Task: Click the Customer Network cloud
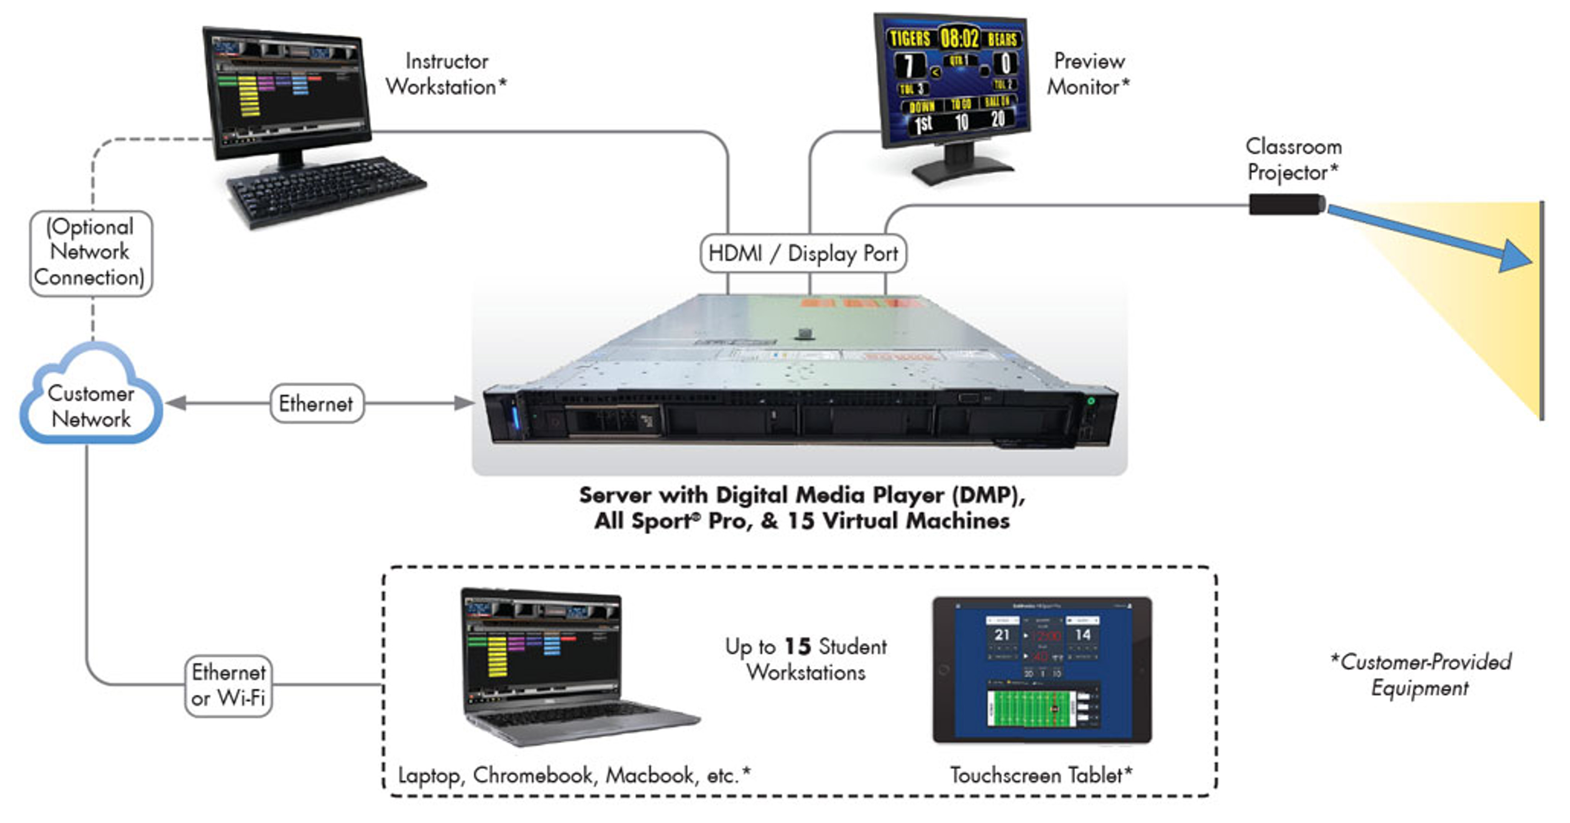(x=92, y=399)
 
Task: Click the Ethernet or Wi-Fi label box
(x=228, y=685)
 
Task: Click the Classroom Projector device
(x=1286, y=204)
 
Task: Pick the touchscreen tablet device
(x=1042, y=669)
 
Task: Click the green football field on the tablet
(x=1030, y=708)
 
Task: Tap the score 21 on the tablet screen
(x=1002, y=635)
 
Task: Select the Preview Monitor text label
(x=1089, y=74)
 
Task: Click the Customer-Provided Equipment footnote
(x=1421, y=674)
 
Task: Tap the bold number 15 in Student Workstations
(x=798, y=646)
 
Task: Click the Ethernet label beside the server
(x=316, y=403)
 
